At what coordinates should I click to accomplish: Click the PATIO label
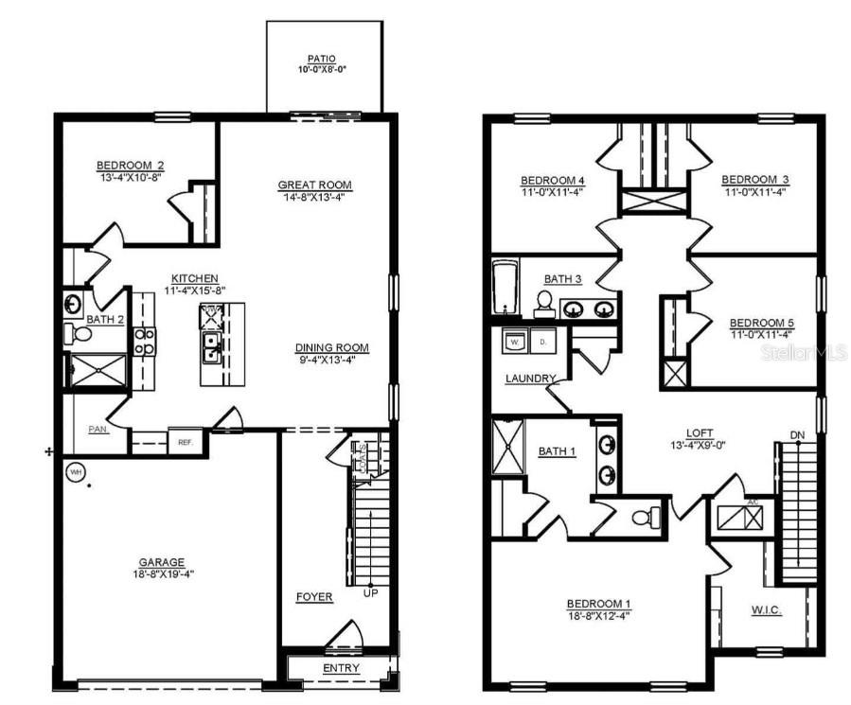tap(325, 59)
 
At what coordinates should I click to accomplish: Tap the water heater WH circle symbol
tap(75, 470)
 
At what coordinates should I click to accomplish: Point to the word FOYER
tap(314, 597)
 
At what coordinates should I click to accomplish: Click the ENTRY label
tap(342, 669)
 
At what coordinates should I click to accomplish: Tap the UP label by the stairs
tap(371, 593)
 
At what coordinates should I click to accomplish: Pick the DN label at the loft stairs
tap(797, 435)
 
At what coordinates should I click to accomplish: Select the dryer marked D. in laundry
tap(543, 340)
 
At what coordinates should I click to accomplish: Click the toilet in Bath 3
tap(544, 303)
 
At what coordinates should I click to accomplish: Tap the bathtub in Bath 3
tap(504, 288)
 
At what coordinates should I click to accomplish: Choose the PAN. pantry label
tap(98, 429)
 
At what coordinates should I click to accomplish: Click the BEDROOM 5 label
tap(762, 323)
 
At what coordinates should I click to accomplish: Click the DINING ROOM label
tap(331, 347)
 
